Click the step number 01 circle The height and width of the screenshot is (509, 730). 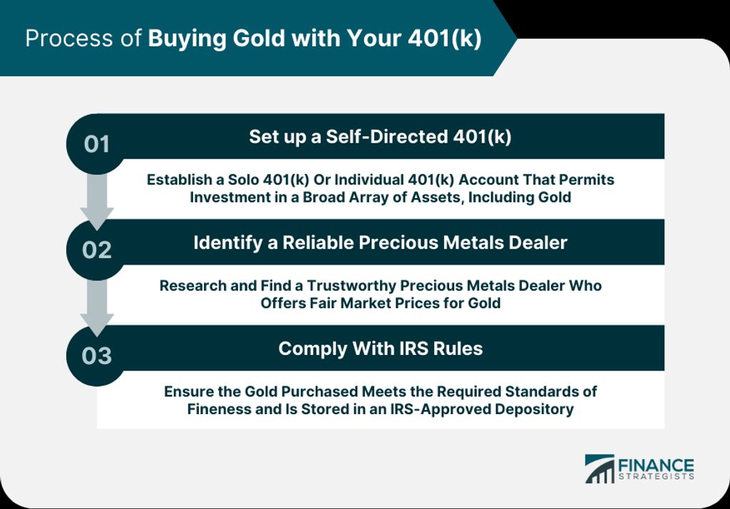tap(96, 144)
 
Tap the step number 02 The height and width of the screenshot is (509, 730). tap(97, 250)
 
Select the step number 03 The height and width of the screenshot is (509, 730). tap(97, 356)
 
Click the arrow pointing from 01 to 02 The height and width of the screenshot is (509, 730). tap(97, 202)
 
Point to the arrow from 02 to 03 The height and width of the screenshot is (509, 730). tap(97, 308)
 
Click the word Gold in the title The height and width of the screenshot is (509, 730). tap(259, 38)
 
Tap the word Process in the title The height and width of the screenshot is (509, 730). tap(69, 38)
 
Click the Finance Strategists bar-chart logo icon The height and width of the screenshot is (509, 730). tap(600, 468)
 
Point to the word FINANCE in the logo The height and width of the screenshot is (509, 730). tap(656, 466)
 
